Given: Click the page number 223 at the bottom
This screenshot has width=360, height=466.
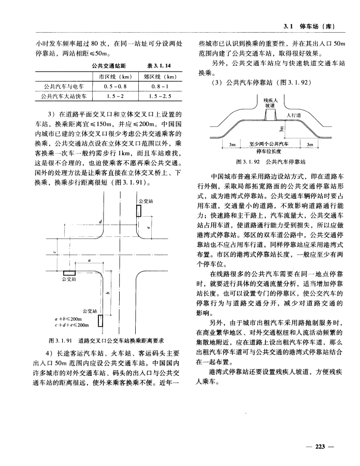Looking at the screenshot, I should click(322, 445).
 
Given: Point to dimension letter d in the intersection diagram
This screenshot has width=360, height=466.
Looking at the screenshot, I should click(100, 222).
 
